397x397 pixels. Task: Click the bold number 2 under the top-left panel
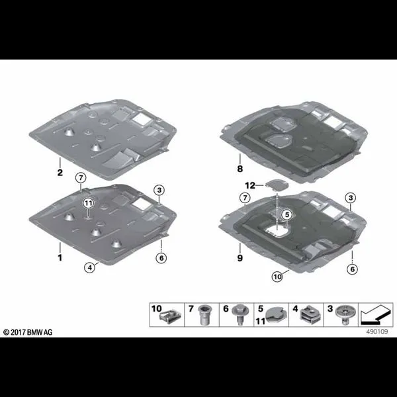[x=60, y=173]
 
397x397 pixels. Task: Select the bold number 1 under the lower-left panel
[x=60, y=258]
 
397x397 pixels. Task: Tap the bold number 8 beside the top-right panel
[x=240, y=169]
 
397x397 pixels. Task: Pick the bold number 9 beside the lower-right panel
[x=240, y=258]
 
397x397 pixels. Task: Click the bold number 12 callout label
[x=250, y=185]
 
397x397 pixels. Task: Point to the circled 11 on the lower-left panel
[x=89, y=203]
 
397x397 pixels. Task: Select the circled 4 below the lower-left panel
[x=90, y=267]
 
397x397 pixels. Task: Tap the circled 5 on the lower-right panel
[x=287, y=214]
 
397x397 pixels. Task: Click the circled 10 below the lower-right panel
[x=277, y=277]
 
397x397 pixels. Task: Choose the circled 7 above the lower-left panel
[x=81, y=178]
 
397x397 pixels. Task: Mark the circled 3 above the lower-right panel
[x=351, y=198]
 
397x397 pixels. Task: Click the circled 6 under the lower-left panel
[x=161, y=258]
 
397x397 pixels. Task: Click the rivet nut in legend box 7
[x=204, y=315]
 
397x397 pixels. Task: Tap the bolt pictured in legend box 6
[x=239, y=314]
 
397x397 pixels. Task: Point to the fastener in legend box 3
[x=345, y=314]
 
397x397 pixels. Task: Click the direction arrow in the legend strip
[x=376, y=314]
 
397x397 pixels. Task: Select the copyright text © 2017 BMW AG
[x=28, y=332]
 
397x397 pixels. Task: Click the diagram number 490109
[x=377, y=331]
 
